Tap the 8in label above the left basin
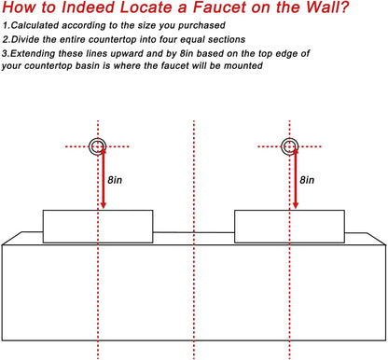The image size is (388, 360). (115, 180)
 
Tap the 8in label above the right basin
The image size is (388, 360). (307, 180)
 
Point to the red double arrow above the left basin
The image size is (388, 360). (104, 178)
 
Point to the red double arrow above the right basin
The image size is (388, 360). (296, 178)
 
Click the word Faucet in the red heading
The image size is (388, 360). (220, 7)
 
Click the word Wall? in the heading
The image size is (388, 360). (328, 7)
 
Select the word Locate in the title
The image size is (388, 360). (146, 7)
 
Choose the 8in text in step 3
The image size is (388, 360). (187, 53)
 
